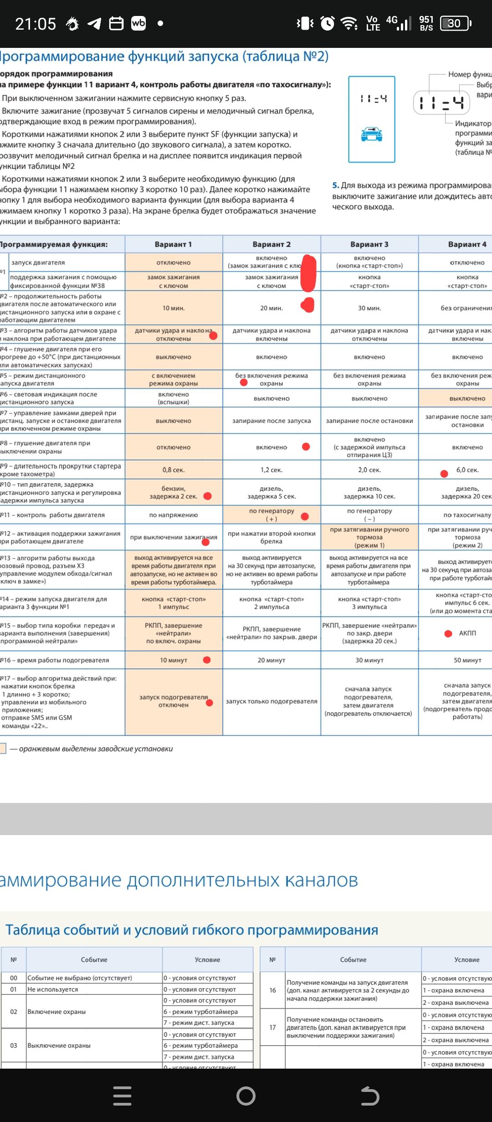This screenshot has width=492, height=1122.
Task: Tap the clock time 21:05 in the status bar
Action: point(36,24)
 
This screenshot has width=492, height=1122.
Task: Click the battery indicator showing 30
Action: point(455,24)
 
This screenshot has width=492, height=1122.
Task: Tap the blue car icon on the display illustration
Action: point(371,135)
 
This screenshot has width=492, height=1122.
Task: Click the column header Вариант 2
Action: point(272,244)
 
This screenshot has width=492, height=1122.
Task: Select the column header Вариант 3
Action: point(369,244)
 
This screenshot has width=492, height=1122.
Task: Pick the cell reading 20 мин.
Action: point(272,308)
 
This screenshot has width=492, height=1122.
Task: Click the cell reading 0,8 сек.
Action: point(174,470)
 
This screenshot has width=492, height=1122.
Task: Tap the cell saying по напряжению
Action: point(174,515)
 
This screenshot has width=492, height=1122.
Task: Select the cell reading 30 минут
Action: point(369,660)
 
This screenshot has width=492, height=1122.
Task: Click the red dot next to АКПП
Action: point(448,634)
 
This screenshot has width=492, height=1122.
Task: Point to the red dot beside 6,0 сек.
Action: point(444,474)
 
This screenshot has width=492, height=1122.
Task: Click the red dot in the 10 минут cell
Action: point(207,660)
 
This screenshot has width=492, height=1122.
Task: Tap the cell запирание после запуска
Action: point(272,421)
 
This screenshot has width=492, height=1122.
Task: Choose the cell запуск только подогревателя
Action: point(272,701)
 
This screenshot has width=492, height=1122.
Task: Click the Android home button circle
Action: point(246,1096)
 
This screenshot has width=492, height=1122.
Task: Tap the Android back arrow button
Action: point(369,1096)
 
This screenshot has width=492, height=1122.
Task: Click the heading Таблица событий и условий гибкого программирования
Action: point(192,930)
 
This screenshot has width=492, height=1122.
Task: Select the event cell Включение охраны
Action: point(56,1012)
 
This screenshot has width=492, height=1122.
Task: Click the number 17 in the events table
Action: point(272,1028)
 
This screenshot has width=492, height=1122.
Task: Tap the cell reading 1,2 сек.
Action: point(272,470)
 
